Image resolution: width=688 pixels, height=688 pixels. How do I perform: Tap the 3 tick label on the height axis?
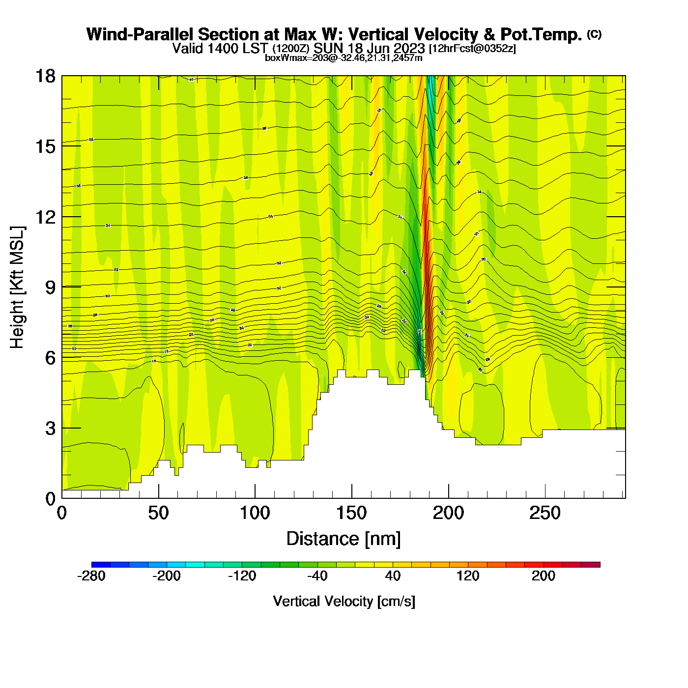[x=50, y=429]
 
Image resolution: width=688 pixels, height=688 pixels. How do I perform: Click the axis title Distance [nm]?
[x=344, y=539]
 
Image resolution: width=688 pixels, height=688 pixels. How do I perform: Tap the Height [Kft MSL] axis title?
[x=17, y=287]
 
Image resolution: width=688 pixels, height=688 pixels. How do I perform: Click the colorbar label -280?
[x=91, y=576]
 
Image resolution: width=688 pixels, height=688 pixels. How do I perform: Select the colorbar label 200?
[x=544, y=576]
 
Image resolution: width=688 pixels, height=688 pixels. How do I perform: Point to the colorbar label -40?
[x=317, y=576]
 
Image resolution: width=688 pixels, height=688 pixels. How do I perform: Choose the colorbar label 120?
[x=468, y=576]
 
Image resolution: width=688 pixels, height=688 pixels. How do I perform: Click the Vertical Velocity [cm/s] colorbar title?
[x=344, y=602]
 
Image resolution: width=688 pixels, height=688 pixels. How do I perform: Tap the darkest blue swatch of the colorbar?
[x=101, y=565]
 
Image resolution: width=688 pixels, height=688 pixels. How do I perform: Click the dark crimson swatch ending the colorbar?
[x=591, y=565]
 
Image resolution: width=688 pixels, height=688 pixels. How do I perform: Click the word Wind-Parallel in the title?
[x=140, y=34]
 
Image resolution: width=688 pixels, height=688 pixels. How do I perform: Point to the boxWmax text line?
[x=344, y=58]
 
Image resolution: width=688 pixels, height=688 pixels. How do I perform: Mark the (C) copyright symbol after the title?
[x=594, y=34]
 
